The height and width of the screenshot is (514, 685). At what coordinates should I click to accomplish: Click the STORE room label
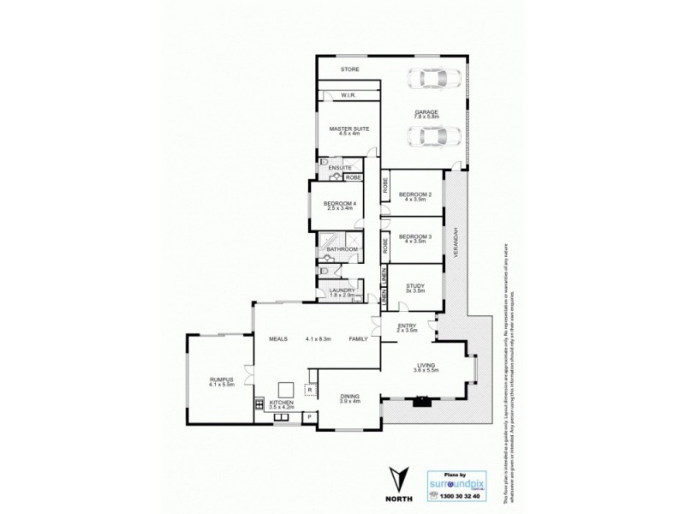(349, 69)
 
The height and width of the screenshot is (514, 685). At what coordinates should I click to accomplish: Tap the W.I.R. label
(348, 95)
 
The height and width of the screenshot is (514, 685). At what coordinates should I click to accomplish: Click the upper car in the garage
(437, 79)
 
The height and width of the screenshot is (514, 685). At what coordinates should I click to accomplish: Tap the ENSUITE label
(339, 167)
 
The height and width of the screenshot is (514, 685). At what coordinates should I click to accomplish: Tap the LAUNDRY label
(342, 290)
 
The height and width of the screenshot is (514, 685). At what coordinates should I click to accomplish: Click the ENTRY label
(407, 326)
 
